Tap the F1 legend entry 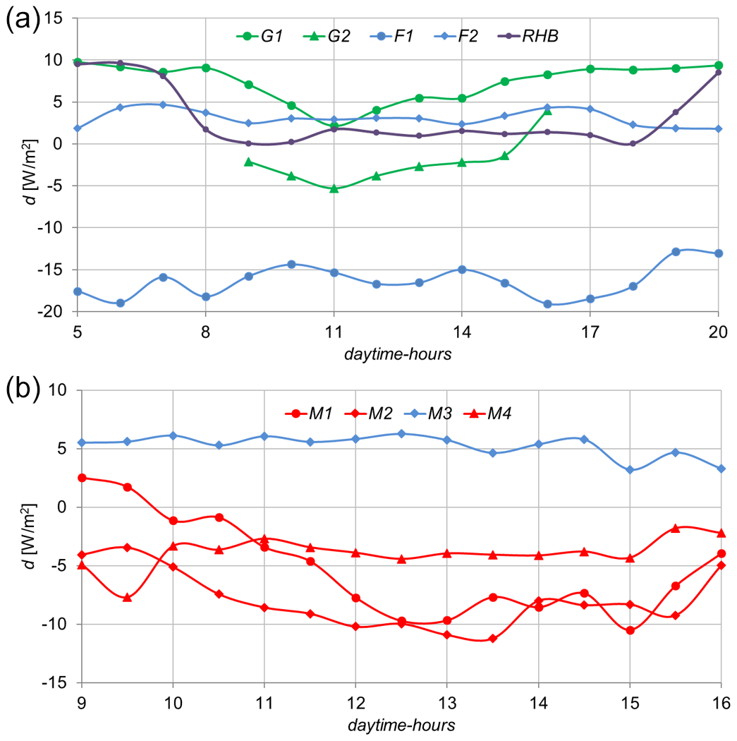coord(403,36)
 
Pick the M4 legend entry coord(497,414)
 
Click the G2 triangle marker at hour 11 coord(334,188)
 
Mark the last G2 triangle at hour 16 coord(547,110)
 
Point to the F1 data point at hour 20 coord(719,253)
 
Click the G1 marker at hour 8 coord(206,68)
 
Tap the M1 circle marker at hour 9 coord(82,478)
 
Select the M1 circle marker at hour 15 coord(630,630)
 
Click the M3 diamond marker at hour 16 coord(721,469)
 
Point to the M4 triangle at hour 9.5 coord(128,598)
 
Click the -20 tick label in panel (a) coord(54,312)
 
